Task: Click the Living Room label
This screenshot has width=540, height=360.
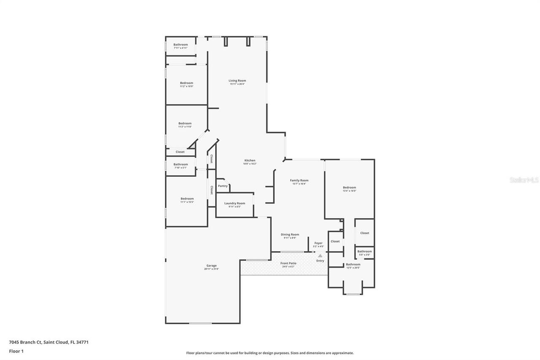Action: [x=237, y=81]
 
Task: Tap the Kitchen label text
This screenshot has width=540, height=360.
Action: [x=250, y=160]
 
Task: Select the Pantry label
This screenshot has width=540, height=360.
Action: [x=223, y=186]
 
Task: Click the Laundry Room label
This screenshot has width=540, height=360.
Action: [x=235, y=203]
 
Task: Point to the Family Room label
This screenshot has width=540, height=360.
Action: [x=299, y=181]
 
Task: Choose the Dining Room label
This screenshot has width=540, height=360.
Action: [x=290, y=235]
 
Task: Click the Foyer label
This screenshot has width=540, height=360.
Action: [x=319, y=243]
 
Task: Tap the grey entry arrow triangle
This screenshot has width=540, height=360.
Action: [x=320, y=255]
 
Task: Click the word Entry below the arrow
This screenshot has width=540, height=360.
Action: [x=320, y=261]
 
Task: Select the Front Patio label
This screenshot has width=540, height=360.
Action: [x=289, y=263]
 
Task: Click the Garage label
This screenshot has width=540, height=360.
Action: [x=211, y=266]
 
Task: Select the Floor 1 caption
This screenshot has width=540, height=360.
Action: [x=16, y=351]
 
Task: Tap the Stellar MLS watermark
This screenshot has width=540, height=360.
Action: [x=524, y=180]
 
